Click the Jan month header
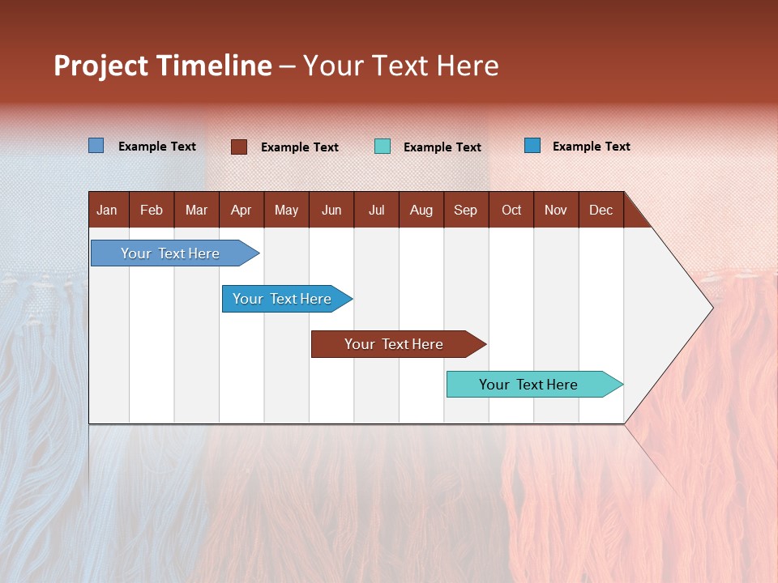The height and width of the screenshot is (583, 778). click(107, 211)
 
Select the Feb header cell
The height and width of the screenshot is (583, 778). click(152, 211)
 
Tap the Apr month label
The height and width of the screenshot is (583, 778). click(241, 211)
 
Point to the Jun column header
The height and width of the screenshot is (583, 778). click(331, 211)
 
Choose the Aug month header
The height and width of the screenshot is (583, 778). click(421, 211)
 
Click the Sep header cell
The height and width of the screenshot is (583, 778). click(465, 211)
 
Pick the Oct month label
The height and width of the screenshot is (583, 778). click(511, 211)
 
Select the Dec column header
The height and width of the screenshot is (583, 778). click(601, 211)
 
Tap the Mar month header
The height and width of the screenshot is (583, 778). click(196, 211)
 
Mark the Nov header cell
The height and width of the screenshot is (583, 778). click(555, 211)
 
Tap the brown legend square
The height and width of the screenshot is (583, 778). click(239, 147)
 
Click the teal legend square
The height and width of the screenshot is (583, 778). click(383, 147)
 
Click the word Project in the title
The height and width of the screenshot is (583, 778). click(100, 66)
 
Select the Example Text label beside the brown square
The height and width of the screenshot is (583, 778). click(299, 147)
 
